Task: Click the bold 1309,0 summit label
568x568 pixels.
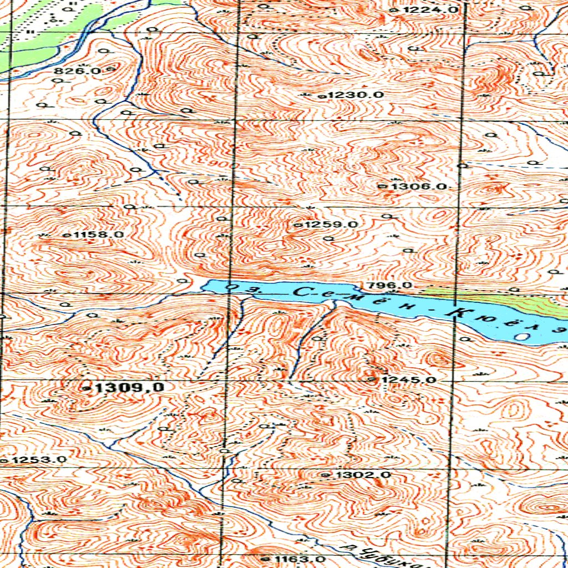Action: click(x=128, y=388)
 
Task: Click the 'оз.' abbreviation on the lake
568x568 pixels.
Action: click(x=239, y=288)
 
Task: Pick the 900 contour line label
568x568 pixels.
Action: click(x=223, y=165)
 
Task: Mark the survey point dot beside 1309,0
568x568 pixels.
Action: click(x=86, y=388)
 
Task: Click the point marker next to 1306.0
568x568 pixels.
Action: click(x=382, y=186)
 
